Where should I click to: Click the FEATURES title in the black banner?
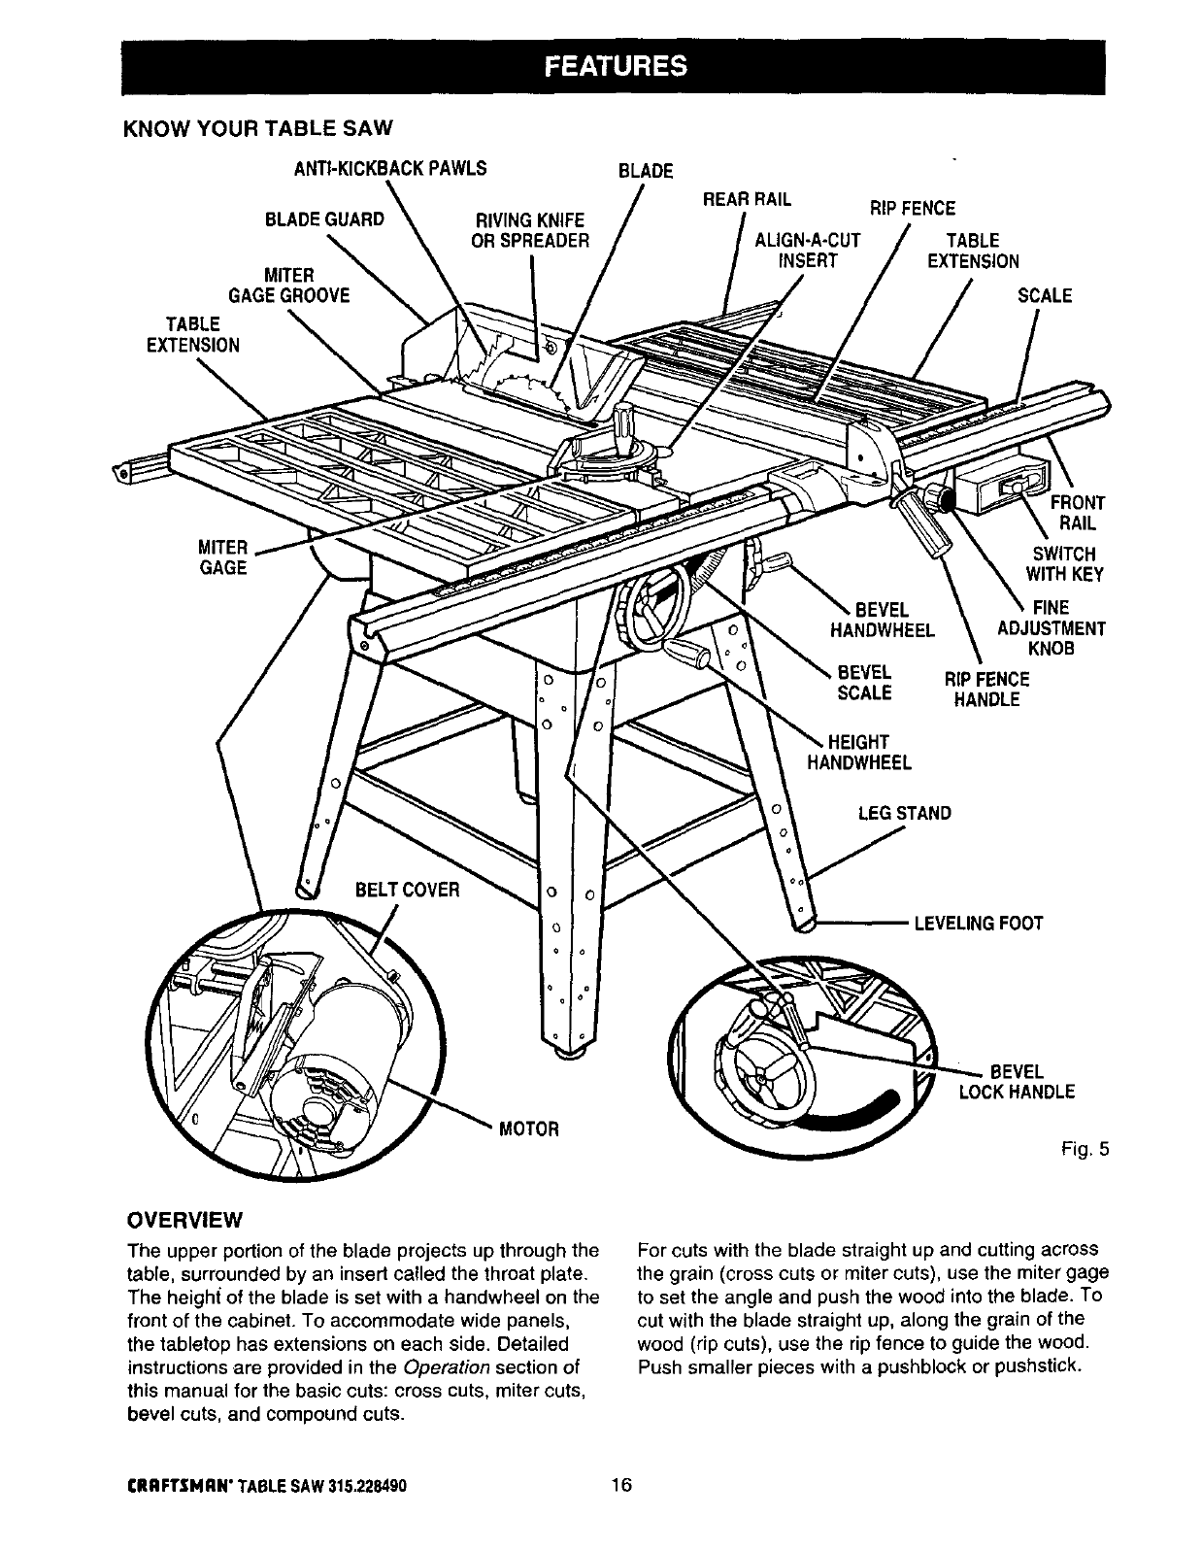(x=614, y=65)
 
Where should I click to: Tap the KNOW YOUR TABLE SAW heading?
(x=259, y=128)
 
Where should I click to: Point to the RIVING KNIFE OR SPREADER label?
(x=530, y=229)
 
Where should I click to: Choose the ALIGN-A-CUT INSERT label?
(x=808, y=250)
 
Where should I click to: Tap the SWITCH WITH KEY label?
(x=1065, y=564)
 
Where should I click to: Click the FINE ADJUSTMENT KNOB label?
(x=1051, y=628)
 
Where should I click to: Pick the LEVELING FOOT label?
(x=979, y=922)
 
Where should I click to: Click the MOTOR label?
(x=528, y=1129)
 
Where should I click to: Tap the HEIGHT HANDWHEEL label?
(x=860, y=753)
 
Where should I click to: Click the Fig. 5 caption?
(x=1085, y=1151)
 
